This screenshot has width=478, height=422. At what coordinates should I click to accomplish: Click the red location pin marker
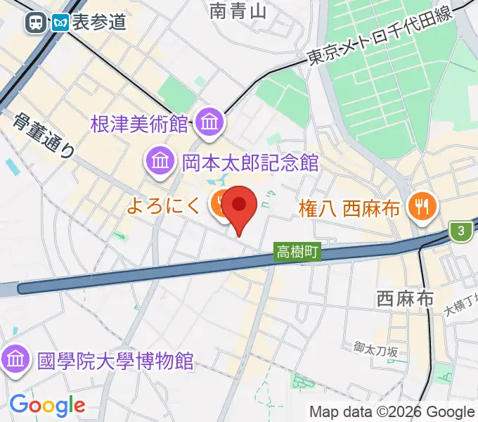pyautogui.click(x=240, y=206)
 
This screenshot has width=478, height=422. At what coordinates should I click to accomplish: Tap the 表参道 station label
pyautogui.click(x=98, y=23)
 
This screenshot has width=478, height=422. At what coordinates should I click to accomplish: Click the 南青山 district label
pyautogui.click(x=239, y=10)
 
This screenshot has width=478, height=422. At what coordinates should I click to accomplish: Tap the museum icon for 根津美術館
pyautogui.click(x=209, y=123)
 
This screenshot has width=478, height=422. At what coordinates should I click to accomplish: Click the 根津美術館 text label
pyautogui.click(x=139, y=124)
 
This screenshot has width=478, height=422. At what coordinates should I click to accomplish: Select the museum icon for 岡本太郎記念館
pyautogui.click(x=161, y=162)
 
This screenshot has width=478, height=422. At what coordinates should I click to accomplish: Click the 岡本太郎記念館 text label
pyautogui.click(x=250, y=163)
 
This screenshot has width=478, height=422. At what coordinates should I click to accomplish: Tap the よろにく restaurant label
pyautogui.click(x=166, y=205)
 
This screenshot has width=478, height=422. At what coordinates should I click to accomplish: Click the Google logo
pyautogui.click(x=47, y=405)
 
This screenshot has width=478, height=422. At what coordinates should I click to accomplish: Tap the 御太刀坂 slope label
pyautogui.click(x=376, y=349)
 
